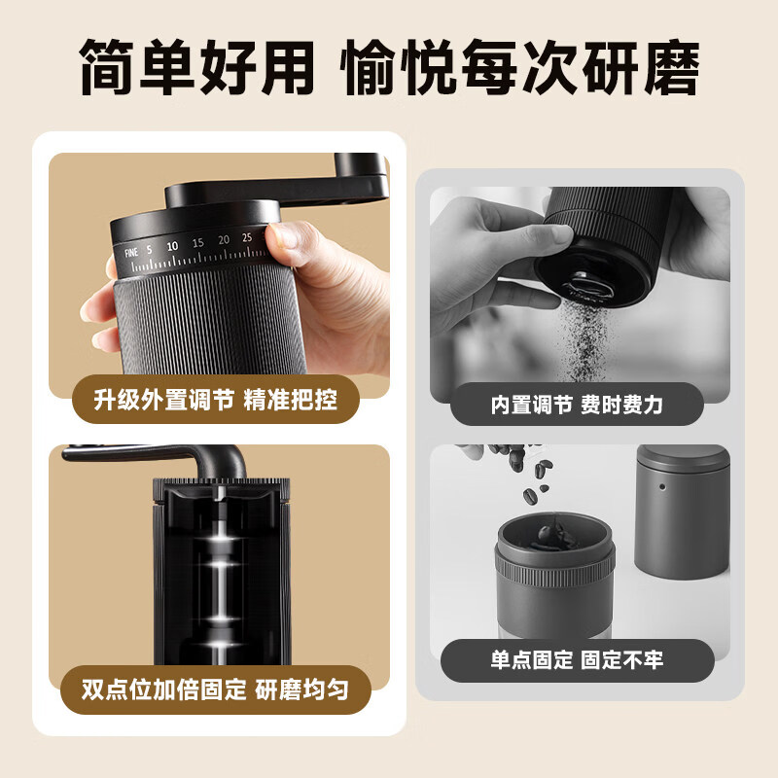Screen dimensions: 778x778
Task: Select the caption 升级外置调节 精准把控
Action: pos(216,401)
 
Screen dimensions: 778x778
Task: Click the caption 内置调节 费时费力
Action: pos(576,405)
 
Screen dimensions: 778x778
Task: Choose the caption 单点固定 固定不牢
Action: pos(577,660)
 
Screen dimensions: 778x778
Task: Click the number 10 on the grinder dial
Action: pos(172,246)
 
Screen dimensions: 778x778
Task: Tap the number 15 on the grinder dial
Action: pos(197,242)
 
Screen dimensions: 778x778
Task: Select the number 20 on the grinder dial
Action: pos(224,239)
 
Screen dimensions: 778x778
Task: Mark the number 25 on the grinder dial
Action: pos(248,235)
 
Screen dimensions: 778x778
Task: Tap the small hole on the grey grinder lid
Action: pos(660,482)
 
